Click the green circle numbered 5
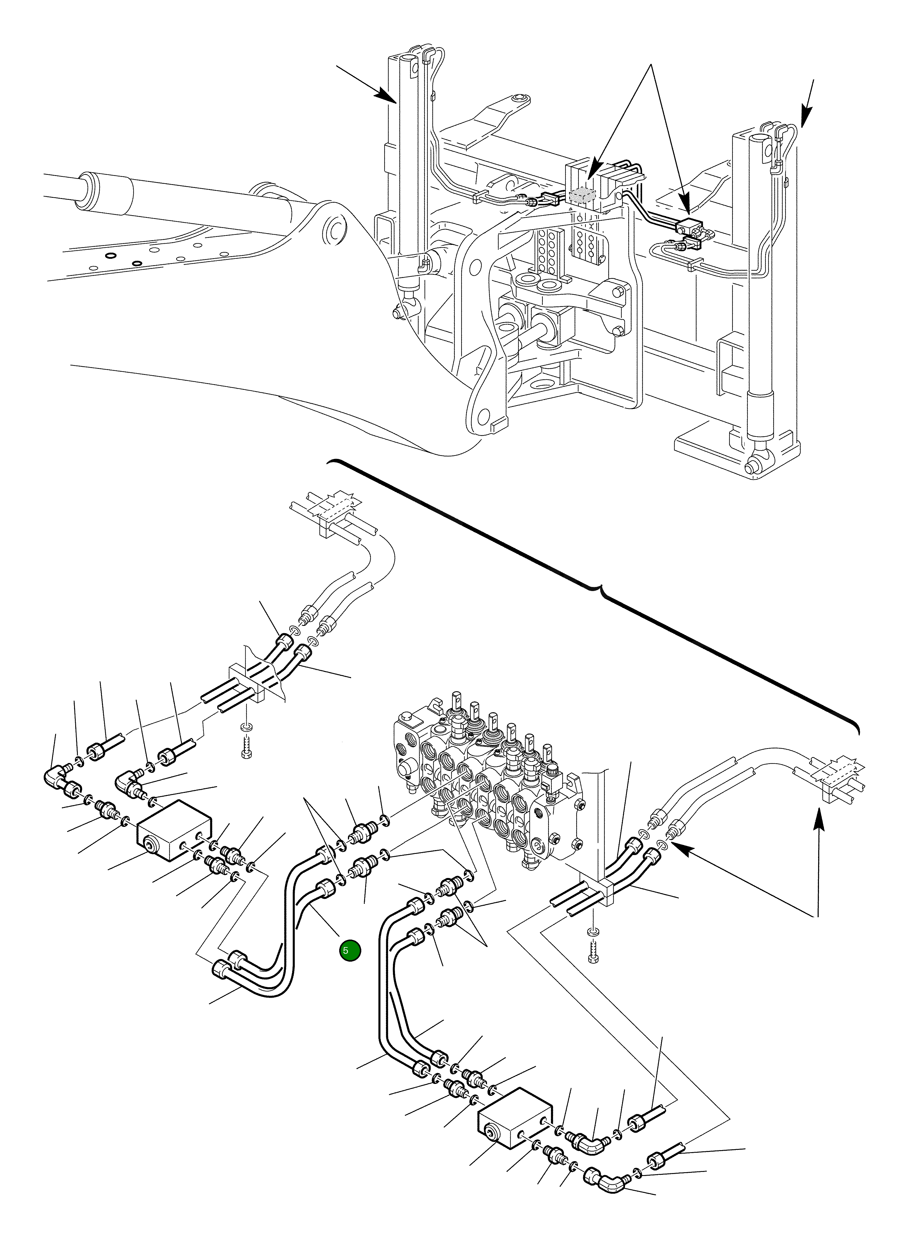350,950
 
